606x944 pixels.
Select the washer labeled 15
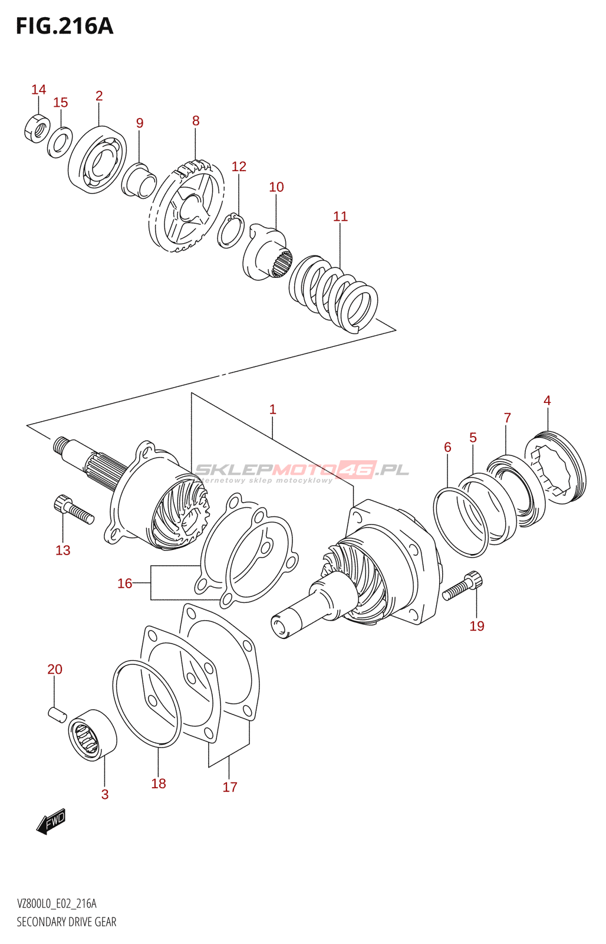[60, 142]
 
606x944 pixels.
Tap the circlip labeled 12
[230, 231]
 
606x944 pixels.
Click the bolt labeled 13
[74, 510]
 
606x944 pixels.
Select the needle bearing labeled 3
[93, 735]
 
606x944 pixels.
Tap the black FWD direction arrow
[51, 821]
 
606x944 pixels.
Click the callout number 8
[196, 121]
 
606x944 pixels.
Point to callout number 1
[272, 409]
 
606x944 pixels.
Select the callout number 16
[124, 584]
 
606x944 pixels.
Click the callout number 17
[230, 787]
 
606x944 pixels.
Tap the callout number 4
[547, 401]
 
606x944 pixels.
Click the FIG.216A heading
[64, 26]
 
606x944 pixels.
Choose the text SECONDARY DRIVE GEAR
[67, 922]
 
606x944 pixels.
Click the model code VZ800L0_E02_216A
[57, 904]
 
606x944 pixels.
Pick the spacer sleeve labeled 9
[139, 180]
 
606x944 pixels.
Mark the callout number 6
[447, 447]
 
